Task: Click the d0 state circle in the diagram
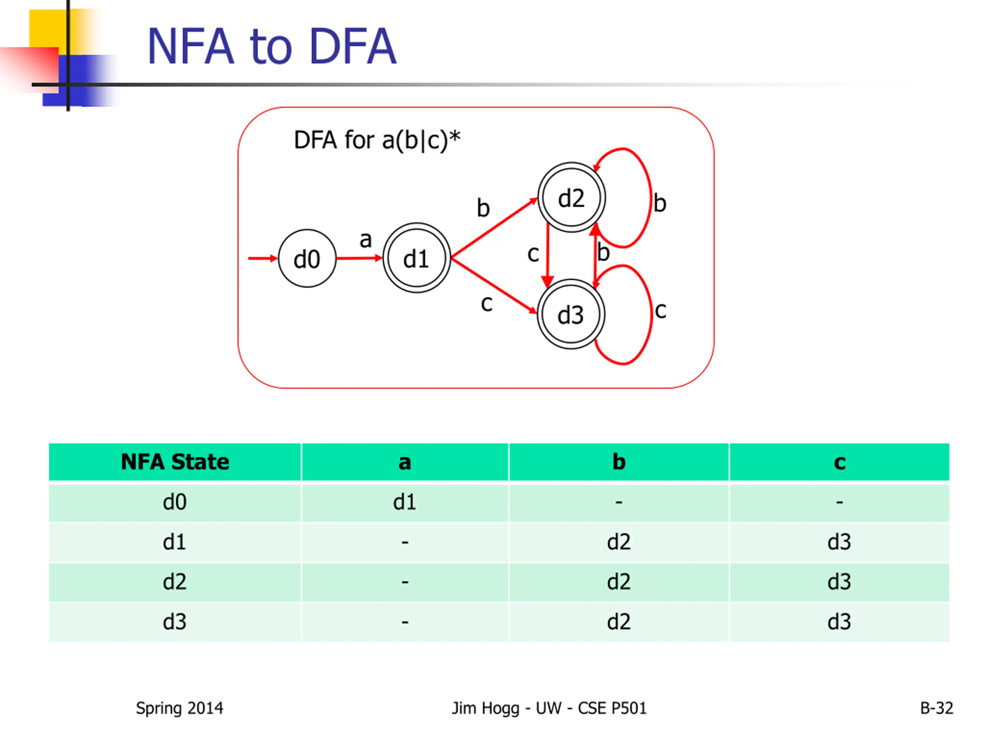click(x=307, y=258)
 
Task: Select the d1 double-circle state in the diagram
click(x=416, y=258)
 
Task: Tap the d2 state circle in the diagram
click(x=571, y=197)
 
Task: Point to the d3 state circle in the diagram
click(x=571, y=314)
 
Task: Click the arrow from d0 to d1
click(x=359, y=258)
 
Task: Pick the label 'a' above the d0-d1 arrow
click(x=366, y=240)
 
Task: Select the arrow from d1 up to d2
click(x=494, y=227)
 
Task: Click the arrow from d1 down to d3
click(x=494, y=286)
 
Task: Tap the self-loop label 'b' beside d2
click(x=660, y=203)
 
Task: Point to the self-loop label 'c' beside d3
click(x=661, y=311)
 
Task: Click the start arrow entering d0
click(x=263, y=258)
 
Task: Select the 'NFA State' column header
click(x=175, y=461)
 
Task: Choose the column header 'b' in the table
click(x=619, y=461)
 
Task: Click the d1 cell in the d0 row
click(x=404, y=502)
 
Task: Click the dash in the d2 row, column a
click(x=405, y=582)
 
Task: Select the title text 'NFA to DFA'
click(x=272, y=46)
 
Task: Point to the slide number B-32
click(x=937, y=708)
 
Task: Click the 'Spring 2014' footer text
click(x=179, y=708)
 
